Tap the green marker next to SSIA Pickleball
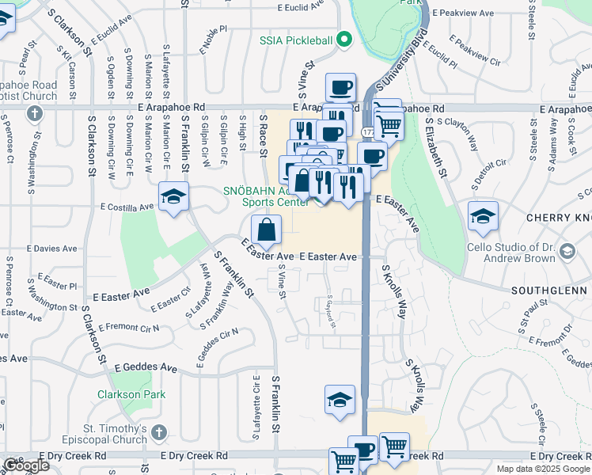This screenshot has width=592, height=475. click(x=343, y=39)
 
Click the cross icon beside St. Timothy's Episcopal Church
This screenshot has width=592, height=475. click(x=159, y=432)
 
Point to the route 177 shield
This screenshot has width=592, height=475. click(x=369, y=129)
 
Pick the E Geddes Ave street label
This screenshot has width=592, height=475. click(x=146, y=367)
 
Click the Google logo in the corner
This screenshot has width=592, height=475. click(x=25, y=465)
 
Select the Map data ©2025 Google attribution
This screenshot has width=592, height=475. click(x=542, y=469)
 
